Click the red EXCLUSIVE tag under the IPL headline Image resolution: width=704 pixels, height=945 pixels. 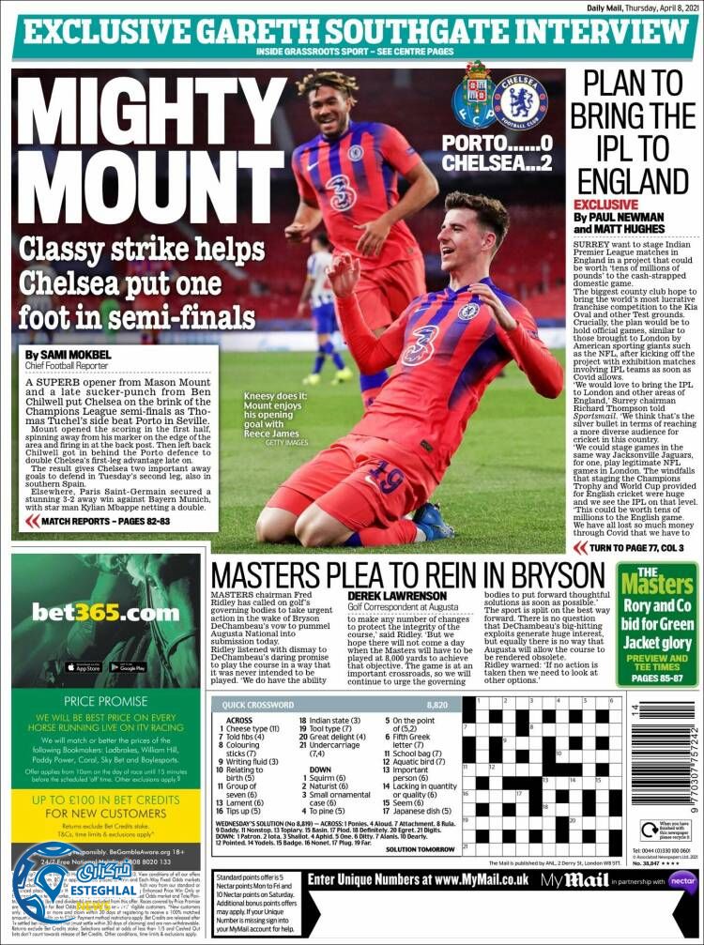[x=605, y=204]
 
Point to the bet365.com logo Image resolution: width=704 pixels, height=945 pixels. [x=105, y=613]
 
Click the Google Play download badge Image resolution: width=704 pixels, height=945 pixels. [x=127, y=667]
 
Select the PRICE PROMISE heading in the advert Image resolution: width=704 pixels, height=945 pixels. [x=105, y=701]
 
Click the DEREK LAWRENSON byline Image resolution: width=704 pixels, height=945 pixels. [x=397, y=595]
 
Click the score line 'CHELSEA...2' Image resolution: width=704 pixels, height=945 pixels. [x=495, y=162]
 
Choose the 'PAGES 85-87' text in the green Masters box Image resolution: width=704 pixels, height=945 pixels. [x=657, y=677]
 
